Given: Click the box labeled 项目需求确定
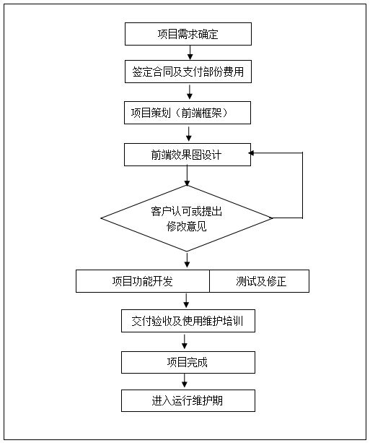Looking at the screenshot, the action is pyautogui.click(x=188, y=34).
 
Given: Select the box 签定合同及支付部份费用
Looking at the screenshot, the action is pyautogui.click(x=188, y=72).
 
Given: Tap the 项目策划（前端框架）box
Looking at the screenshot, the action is pyautogui.click(x=188, y=113).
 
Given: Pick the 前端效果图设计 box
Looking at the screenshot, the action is pyautogui.click(x=188, y=155).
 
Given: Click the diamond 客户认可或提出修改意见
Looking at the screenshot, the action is pyautogui.click(x=187, y=218).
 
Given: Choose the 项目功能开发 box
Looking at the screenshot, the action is pyautogui.click(x=143, y=281).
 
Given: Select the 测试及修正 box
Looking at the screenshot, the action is pyautogui.click(x=260, y=281).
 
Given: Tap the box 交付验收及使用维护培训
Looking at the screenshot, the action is pyautogui.click(x=188, y=321).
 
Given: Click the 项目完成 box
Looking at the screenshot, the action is pyautogui.click(x=188, y=363).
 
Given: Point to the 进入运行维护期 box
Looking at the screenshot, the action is pyautogui.click(x=188, y=400).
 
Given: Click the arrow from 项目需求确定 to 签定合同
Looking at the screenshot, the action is pyautogui.click(x=190, y=53).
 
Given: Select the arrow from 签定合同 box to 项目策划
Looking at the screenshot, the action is pyautogui.click(x=190, y=92).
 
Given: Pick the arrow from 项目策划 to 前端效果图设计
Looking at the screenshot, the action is pyautogui.click(x=189, y=134).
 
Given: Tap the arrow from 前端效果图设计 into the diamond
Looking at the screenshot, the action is pyautogui.click(x=187, y=176).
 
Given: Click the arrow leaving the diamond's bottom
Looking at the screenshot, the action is pyautogui.click(x=187, y=260).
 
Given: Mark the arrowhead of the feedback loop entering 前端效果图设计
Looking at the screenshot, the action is pyautogui.click(x=251, y=153).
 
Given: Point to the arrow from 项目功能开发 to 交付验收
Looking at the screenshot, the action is pyautogui.click(x=186, y=301).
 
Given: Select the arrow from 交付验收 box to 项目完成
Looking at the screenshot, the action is pyautogui.click(x=185, y=342).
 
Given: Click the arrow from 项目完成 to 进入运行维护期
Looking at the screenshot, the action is pyautogui.click(x=185, y=381).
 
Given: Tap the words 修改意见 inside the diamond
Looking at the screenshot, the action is pyautogui.click(x=187, y=226).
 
